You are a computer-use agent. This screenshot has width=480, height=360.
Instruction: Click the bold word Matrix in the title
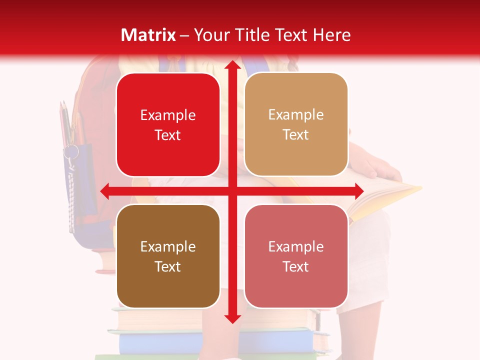click(148, 35)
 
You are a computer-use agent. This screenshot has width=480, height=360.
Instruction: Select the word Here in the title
click(331, 35)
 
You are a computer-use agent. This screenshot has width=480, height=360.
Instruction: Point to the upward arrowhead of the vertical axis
click(232, 66)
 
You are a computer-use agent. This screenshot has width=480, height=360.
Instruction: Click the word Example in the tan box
click(296, 115)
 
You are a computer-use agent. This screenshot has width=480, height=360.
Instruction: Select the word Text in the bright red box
click(168, 135)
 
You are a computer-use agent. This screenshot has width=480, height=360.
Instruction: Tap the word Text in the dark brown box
click(168, 266)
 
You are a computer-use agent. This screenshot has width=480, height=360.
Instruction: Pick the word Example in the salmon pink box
click(296, 246)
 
